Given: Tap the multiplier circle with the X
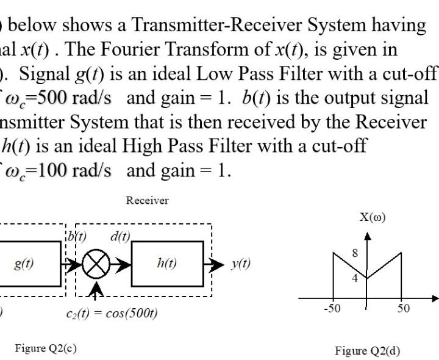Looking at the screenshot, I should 96,265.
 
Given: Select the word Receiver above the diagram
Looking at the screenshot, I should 147,200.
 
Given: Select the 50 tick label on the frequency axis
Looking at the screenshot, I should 404,308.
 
